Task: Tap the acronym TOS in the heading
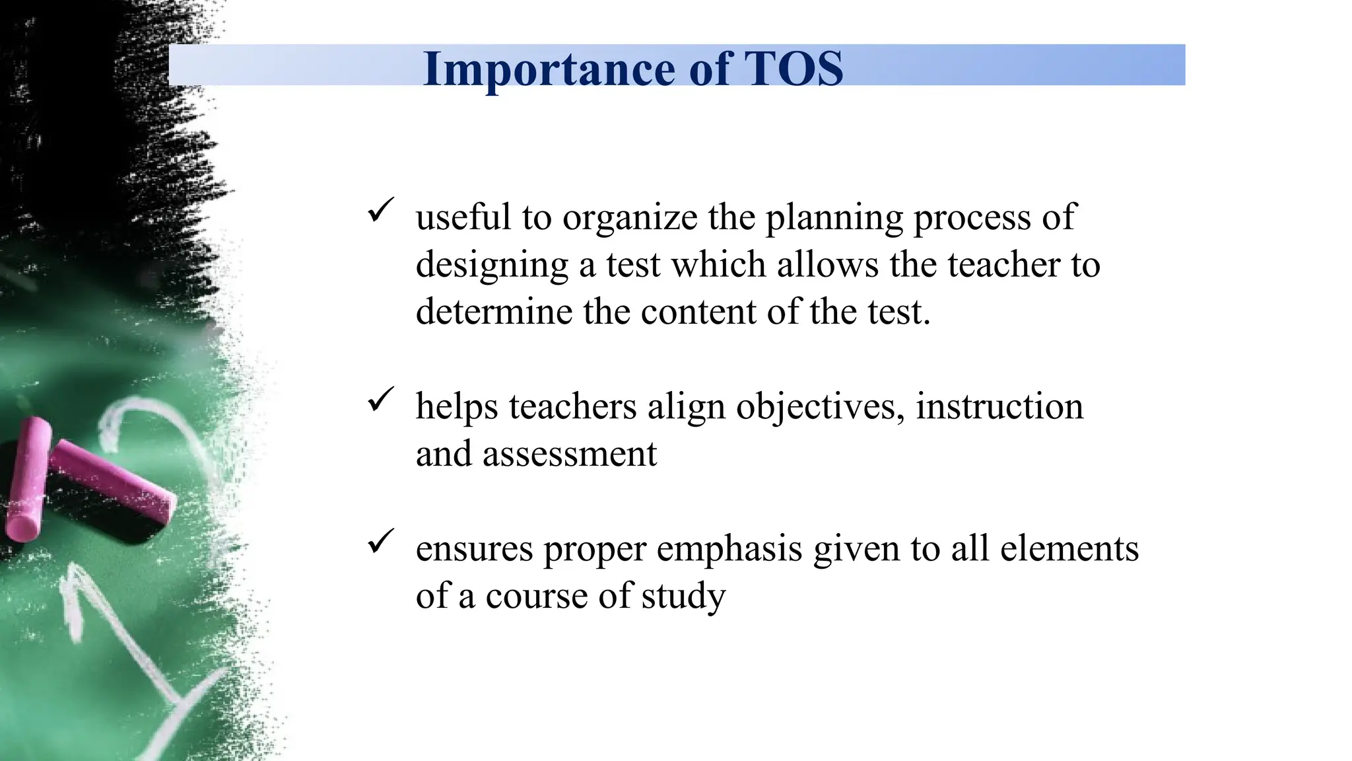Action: pyautogui.click(x=794, y=69)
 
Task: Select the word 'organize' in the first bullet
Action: pyautogui.click(x=630, y=218)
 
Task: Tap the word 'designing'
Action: pyautogui.click(x=492, y=266)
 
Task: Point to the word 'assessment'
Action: pyautogui.click(x=570, y=454)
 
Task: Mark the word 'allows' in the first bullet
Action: pyautogui.click(x=828, y=264)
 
